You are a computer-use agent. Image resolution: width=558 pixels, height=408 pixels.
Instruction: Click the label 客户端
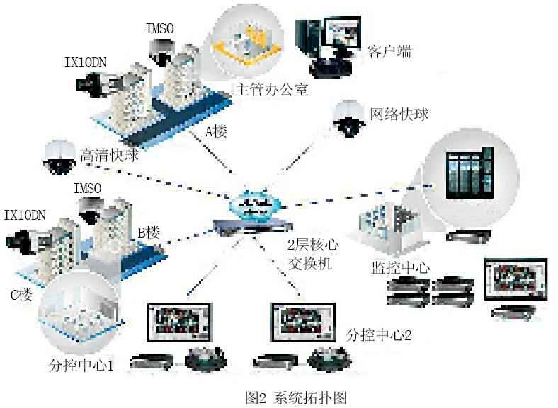click(x=389, y=52)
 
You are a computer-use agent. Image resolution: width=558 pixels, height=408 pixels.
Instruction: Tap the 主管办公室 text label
click(x=271, y=89)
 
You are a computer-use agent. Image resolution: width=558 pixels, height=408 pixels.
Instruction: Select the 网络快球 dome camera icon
click(x=348, y=119)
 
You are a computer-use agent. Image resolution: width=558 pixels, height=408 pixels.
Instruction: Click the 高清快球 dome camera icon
click(x=59, y=157)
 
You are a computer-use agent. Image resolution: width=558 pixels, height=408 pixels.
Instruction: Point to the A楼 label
click(x=216, y=132)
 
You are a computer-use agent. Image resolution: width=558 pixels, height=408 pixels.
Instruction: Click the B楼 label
click(x=149, y=233)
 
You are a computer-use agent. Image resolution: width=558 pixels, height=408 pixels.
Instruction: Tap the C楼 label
click(x=21, y=294)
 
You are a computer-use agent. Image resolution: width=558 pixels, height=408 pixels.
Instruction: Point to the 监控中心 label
click(x=401, y=267)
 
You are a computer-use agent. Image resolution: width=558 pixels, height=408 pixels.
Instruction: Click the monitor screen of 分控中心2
click(x=303, y=322)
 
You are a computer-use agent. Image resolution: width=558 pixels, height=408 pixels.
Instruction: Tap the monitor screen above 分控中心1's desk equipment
click(x=180, y=322)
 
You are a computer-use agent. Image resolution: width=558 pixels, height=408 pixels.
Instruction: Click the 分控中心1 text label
click(x=81, y=365)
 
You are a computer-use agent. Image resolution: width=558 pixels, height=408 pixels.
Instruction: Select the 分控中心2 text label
click(x=379, y=334)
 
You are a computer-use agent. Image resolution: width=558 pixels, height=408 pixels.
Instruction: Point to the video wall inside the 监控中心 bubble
click(x=469, y=175)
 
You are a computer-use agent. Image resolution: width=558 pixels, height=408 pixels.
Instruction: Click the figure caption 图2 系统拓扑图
click(x=296, y=397)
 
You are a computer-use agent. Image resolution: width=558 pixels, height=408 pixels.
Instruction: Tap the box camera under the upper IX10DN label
click(x=100, y=84)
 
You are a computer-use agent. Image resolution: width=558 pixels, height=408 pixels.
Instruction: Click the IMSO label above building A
click(x=160, y=28)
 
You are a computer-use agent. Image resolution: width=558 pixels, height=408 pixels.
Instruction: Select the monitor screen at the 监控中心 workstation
click(x=516, y=280)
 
